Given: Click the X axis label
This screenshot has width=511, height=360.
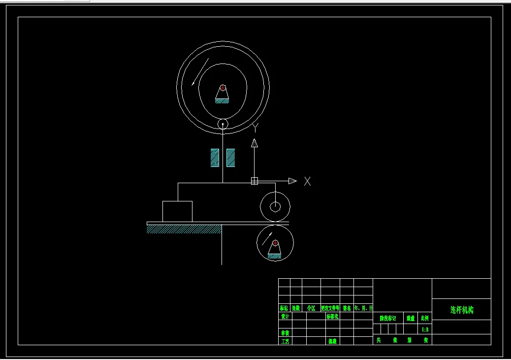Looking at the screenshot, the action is coord(307,181).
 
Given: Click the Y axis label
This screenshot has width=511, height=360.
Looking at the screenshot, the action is coord(255,128).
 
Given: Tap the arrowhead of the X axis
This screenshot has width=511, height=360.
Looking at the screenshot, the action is coord(292,181).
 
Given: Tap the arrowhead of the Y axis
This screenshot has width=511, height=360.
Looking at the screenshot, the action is coord(255,143).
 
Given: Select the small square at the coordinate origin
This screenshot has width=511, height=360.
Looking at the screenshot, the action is coord(255,181).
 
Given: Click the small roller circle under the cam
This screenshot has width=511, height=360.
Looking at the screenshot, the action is coord(223,124).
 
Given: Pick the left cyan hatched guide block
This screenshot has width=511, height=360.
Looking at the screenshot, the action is coord(215,158).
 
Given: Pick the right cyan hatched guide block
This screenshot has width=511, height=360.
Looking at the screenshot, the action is coord(230,158).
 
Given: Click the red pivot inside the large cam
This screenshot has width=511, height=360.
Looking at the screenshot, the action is coord(223,88).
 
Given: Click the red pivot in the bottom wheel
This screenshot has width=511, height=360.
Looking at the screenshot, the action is coord(275,243).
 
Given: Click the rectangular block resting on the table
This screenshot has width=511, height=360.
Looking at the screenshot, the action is coord(177,211).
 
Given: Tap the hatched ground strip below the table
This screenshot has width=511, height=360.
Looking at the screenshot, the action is coord(184,229).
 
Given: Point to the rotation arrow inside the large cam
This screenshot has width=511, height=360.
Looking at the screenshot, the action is coord(200,72).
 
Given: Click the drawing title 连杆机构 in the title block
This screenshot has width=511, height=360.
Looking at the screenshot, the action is coord(461,310).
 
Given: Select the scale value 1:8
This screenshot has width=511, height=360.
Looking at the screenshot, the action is coord(425,329).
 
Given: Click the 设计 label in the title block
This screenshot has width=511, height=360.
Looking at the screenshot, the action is coord(285,317).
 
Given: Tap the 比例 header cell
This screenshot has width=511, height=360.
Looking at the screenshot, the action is coord(425,319).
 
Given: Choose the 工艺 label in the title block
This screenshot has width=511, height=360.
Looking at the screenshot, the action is coord(285,341).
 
